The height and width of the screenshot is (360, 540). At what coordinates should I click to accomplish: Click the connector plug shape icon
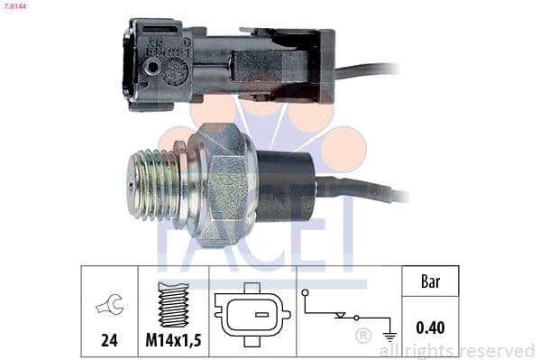click(x=252, y=316)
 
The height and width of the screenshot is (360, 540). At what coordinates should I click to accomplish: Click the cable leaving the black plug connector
click(x=370, y=69)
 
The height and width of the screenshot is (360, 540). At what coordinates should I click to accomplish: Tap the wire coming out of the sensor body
click(x=370, y=191)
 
